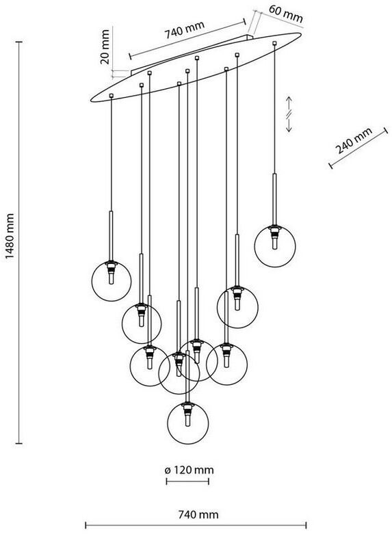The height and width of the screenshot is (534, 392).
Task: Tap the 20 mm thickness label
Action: click(x=105, y=46)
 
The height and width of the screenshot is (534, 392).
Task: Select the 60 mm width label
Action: click(x=286, y=14)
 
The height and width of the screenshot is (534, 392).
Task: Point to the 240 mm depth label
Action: click(x=354, y=141)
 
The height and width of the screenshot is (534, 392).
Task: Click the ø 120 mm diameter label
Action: click(x=189, y=470)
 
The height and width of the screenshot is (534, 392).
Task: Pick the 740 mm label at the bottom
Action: click(x=198, y=514)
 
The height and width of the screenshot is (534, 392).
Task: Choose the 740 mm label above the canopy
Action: click(x=185, y=29)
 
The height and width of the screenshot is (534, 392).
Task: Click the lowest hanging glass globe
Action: click(x=188, y=423)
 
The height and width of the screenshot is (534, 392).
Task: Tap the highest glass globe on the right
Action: click(x=275, y=246)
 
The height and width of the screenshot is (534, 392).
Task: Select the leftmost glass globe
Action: click(x=111, y=281)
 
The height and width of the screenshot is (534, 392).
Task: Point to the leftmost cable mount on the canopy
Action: click(x=111, y=96)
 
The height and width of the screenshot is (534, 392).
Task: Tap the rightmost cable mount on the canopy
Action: click(x=274, y=43)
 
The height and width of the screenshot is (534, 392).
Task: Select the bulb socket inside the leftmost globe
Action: click(x=111, y=272)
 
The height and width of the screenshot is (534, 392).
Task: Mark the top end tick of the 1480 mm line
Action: click(x=19, y=42)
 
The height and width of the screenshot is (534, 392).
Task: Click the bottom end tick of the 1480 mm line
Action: click(x=19, y=443)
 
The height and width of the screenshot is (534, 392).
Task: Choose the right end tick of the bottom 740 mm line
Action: click(x=306, y=526)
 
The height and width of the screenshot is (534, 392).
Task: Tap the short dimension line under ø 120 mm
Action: click(x=187, y=481)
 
